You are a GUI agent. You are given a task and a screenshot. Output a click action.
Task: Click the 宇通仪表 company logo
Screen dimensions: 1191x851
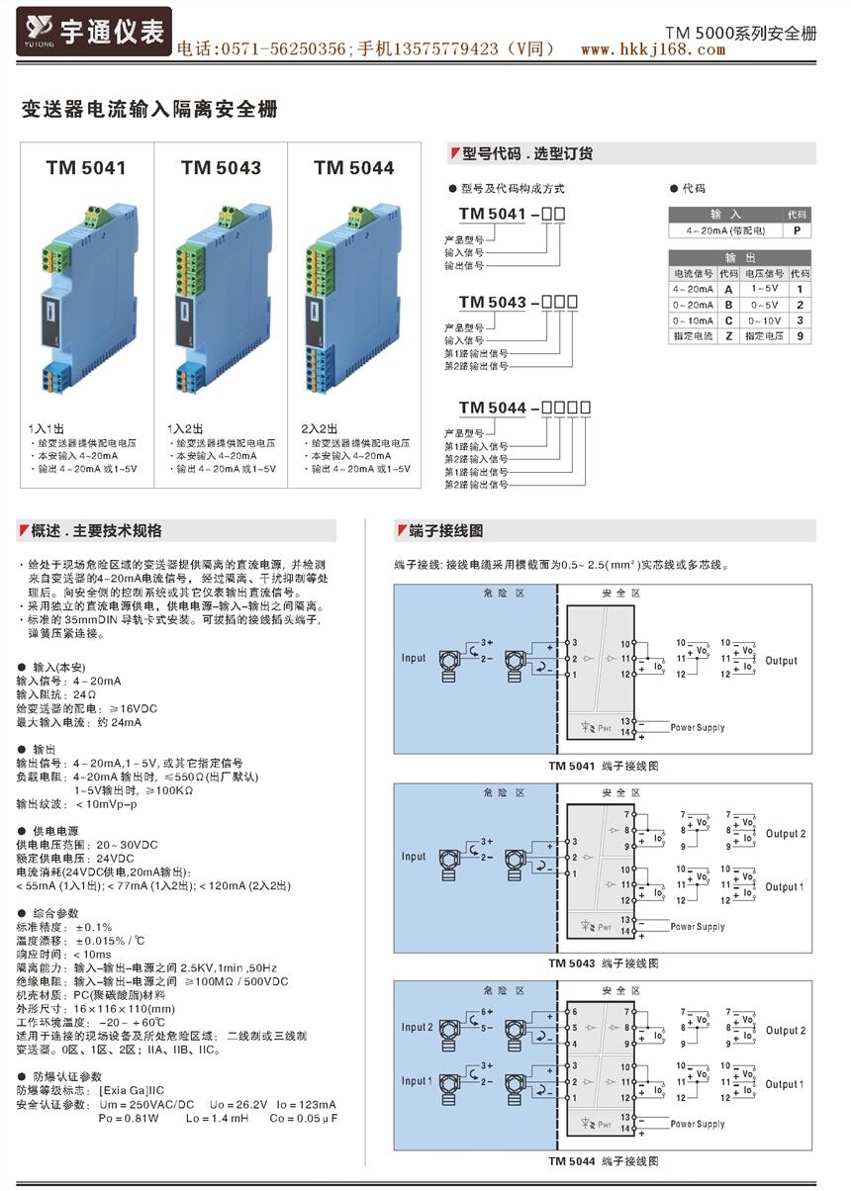(x=95, y=32)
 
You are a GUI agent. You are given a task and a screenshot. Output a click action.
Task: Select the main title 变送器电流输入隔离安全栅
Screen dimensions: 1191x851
(x=150, y=110)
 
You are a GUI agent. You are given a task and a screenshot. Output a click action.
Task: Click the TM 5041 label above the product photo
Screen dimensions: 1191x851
(x=85, y=167)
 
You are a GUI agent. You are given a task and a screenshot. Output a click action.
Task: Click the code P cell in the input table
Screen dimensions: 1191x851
(x=798, y=230)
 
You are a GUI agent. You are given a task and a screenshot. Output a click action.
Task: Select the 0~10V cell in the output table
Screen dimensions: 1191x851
(x=765, y=321)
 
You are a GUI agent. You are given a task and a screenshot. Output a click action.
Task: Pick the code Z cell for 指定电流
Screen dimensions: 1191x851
(x=729, y=336)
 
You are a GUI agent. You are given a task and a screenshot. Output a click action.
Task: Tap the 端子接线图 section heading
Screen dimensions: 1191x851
(x=446, y=531)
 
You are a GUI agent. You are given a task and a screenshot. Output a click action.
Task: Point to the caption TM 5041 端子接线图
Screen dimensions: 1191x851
(x=604, y=766)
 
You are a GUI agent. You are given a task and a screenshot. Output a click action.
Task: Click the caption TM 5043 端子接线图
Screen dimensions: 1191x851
(x=604, y=962)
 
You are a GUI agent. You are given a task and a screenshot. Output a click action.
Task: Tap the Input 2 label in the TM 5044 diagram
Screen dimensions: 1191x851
(x=417, y=1027)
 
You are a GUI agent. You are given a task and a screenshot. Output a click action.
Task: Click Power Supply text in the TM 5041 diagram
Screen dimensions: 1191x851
(x=698, y=727)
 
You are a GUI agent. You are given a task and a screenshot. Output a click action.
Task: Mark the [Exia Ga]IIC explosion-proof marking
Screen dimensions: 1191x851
(x=132, y=1089)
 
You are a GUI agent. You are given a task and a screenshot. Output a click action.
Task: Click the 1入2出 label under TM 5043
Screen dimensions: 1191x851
(x=185, y=428)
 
